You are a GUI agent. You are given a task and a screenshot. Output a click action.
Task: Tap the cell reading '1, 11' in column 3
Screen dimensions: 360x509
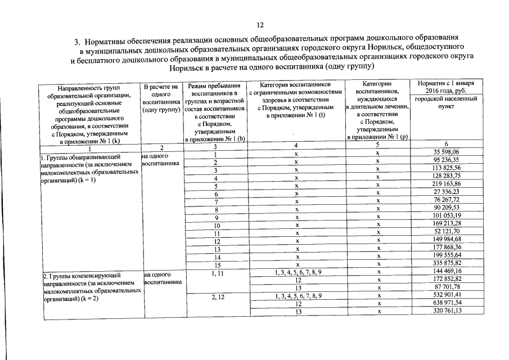215,271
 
